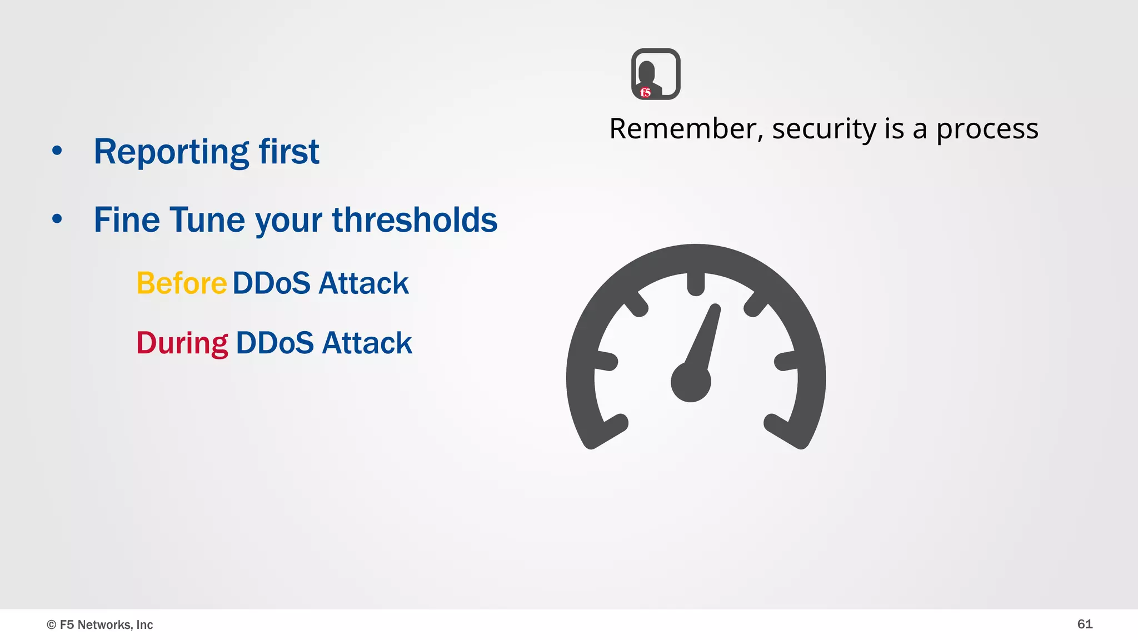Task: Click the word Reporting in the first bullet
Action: [x=171, y=152]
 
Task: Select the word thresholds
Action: [x=415, y=220]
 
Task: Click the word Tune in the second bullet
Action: [x=207, y=220]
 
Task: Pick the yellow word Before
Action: [x=182, y=283]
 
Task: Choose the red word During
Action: [x=182, y=343]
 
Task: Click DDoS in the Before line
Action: [x=271, y=283]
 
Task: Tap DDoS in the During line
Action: [x=274, y=343]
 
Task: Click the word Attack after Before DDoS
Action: [x=364, y=283]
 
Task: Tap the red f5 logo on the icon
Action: [x=645, y=92]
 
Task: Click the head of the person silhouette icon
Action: [x=646, y=71]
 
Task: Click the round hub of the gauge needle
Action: [x=691, y=382]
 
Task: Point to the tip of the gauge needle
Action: [x=716, y=308]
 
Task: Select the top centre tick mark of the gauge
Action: [x=696, y=284]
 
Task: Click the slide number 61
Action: [x=1085, y=624]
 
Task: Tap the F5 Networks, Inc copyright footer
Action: [x=100, y=624]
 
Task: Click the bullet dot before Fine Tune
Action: [x=57, y=219]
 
